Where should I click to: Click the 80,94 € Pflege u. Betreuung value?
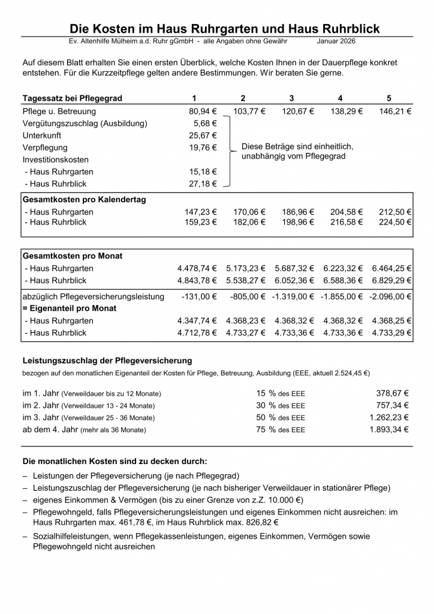click(x=203, y=112)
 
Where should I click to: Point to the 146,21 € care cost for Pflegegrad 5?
click(x=395, y=112)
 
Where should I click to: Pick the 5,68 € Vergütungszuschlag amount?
click(x=205, y=124)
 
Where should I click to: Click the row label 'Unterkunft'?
click(x=42, y=136)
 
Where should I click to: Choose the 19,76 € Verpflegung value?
click(x=203, y=148)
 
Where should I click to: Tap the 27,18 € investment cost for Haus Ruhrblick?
click(x=203, y=184)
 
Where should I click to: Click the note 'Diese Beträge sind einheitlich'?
click(x=297, y=146)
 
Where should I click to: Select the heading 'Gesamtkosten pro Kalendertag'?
click(x=84, y=200)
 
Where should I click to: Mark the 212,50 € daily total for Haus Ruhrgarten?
click(x=395, y=212)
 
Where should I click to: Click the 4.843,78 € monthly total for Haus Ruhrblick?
click(x=197, y=280)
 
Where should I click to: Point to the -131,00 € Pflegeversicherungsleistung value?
click(x=199, y=297)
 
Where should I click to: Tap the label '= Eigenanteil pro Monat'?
click(x=70, y=308)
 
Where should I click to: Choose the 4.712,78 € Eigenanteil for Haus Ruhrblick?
click(x=197, y=333)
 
